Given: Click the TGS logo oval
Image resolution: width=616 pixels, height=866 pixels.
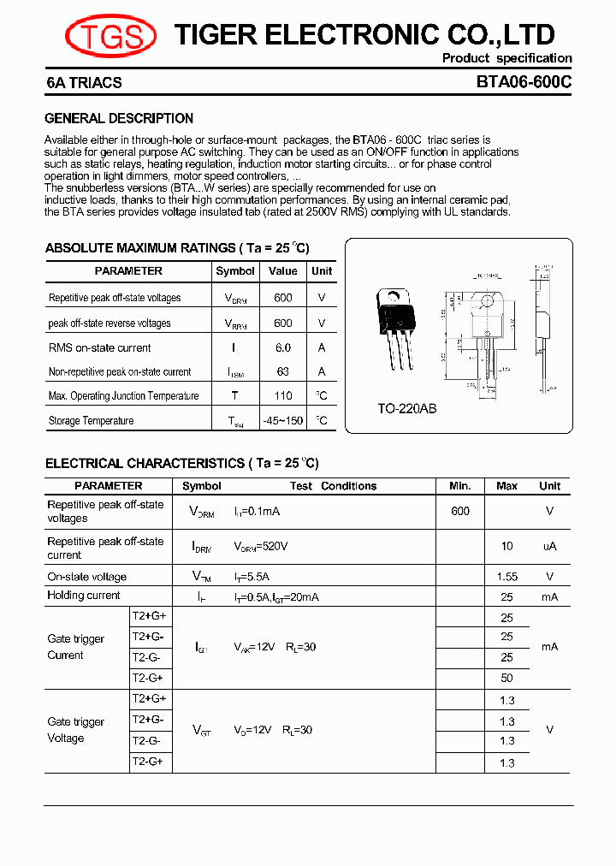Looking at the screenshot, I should [x=110, y=35].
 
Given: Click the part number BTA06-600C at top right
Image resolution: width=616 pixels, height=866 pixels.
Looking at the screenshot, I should [x=524, y=83].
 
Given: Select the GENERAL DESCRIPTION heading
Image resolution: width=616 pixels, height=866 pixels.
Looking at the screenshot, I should [x=119, y=118].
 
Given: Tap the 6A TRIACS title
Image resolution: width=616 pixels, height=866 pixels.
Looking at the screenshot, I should [x=84, y=83].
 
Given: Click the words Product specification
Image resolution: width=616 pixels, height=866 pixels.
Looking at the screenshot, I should [x=506, y=58].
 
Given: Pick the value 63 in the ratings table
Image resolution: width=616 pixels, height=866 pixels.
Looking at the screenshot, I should [x=283, y=371].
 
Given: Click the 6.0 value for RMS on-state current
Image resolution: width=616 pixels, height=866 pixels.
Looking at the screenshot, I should [x=283, y=347].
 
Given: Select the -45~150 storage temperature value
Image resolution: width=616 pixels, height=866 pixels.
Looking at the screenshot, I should [x=283, y=420].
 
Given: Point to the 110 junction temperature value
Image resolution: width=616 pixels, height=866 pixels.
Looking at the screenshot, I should [x=283, y=395].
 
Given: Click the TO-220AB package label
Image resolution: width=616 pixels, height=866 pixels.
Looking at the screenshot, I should [x=407, y=409].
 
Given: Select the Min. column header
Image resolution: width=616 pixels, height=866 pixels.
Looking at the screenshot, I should [x=460, y=486].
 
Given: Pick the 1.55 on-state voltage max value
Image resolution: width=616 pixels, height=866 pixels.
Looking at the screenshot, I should [x=506, y=577].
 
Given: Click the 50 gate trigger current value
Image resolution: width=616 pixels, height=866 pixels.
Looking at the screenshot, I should [x=506, y=678].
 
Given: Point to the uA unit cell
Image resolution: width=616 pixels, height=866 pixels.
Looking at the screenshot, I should [x=549, y=547].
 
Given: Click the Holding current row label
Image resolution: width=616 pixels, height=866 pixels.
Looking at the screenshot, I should [x=84, y=596].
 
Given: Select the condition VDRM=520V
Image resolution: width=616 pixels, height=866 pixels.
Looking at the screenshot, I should [x=260, y=547].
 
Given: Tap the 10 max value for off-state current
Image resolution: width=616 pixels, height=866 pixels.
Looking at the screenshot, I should [x=506, y=547].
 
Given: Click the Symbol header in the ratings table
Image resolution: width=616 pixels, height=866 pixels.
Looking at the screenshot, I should [x=235, y=271].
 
